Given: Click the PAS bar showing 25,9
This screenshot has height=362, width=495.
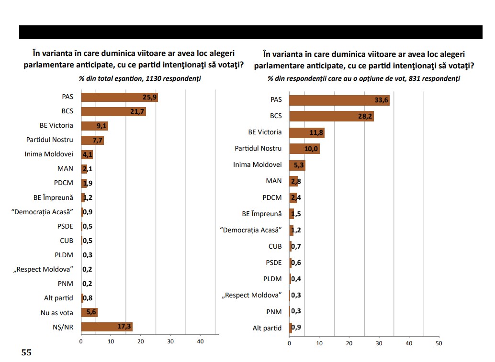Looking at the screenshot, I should [119, 98].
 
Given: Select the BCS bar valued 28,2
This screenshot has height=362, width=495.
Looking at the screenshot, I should [331, 116].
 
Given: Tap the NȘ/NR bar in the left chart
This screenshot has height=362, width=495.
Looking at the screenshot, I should [106, 327].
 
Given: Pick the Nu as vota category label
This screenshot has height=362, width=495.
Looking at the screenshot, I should [57, 313].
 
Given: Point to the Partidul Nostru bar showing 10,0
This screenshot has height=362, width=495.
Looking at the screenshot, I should [304, 149].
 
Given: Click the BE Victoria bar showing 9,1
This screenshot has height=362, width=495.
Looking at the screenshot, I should [94, 126].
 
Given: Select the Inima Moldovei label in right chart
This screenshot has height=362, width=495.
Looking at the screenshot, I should [258, 165].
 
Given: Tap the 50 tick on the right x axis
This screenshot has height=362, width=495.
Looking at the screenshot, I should [439, 343].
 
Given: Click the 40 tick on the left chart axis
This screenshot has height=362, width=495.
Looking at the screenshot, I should [201, 341].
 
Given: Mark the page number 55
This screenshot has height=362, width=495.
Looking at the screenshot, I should [26, 353].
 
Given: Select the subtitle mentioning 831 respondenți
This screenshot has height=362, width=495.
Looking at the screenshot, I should [364, 78].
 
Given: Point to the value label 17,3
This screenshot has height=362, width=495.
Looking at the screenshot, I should [124, 327].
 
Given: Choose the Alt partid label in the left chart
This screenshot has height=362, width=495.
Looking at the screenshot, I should [58, 298].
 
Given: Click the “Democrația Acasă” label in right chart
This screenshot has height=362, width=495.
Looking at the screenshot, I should [250, 230].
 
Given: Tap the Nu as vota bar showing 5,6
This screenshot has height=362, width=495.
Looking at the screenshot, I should [89, 313].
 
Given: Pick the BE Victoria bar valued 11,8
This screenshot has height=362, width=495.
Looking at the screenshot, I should [306, 132].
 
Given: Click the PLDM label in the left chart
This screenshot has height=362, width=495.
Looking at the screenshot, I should [64, 255].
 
